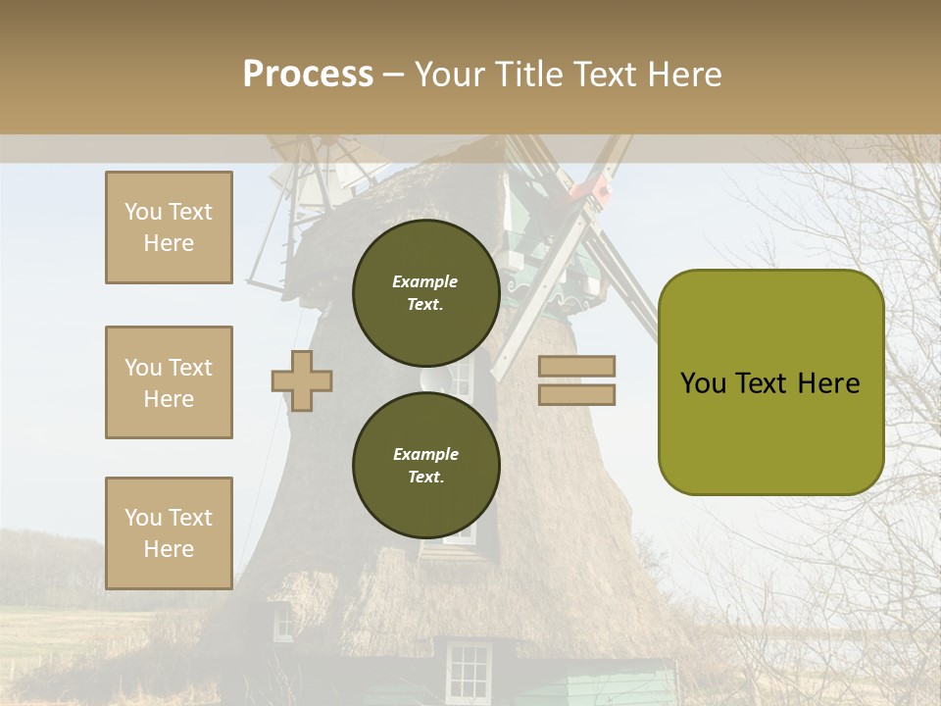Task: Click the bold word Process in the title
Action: (x=308, y=75)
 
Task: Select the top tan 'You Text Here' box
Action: (x=169, y=227)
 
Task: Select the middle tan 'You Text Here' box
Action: (x=169, y=382)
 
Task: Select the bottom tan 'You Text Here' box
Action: (x=169, y=533)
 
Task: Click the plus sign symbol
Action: (x=302, y=380)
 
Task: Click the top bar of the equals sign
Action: (x=576, y=367)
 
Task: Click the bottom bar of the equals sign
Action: (x=576, y=395)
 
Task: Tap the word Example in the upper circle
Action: (x=424, y=281)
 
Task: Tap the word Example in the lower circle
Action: (x=424, y=454)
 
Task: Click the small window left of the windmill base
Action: (x=282, y=624)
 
